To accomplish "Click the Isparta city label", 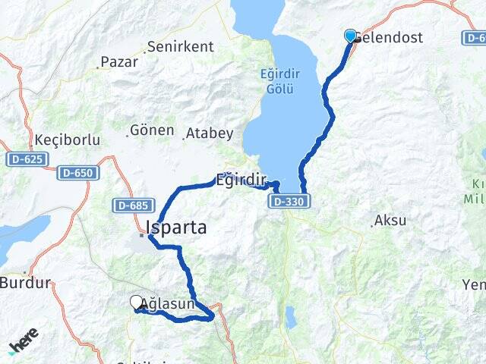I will click(176, 227).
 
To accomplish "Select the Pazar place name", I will click(119, 62).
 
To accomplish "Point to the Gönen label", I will click(152, 130).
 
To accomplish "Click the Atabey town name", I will click(210, 133).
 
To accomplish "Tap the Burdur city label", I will click(25, 284).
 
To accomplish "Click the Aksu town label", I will click(390, 221).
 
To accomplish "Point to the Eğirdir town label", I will click(241, 180).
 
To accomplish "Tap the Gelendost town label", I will click(389, 37).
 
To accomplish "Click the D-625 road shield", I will click(27, 159).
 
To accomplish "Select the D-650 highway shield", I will click(77, 173).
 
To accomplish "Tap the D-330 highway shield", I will click(289, 201).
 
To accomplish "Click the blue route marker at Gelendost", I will click(350, 36).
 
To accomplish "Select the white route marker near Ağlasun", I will click(137, 303).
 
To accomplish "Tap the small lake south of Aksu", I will click(291, 316).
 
